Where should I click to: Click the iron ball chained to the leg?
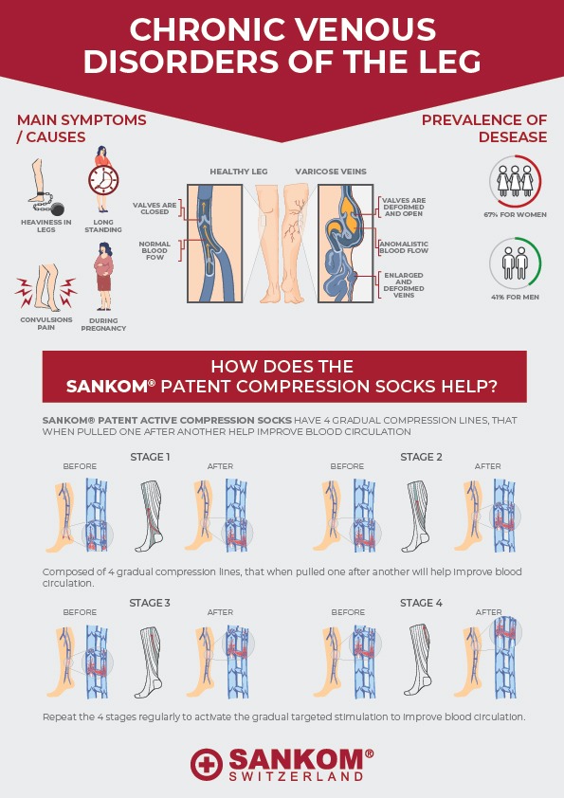pyautogui.click(x=58, y=209)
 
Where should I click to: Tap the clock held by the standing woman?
pyautogui.click(x=103, y=180)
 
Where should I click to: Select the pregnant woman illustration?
pyautogui.click(x=104, y=277)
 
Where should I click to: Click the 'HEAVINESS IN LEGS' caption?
pyautogui.click(x=46, y=226)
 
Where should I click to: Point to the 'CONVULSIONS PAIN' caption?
pyautogui.click(x=46, y=324)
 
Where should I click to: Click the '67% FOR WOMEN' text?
pyautogui.click(x=515, y=215)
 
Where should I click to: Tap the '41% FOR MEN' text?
pyautogui.click(x=515, y=297)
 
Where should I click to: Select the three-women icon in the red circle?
pyautogui.click(x=515, y=181)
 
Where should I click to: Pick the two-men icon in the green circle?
pyautogui.click(x=515, y=263)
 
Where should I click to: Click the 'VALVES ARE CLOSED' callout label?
pyautogui.click(x=155, y=209)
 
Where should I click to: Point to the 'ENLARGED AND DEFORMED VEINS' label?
pyautogui.click(x=404, y=285)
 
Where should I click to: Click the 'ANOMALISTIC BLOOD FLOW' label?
pyautogui.click(x=404, y=247)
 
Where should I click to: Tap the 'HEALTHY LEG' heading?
pyautogui.click(x=239, y=172)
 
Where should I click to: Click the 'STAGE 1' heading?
pyautogui.click(x=150, y=457)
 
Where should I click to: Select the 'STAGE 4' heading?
pyautogui.click(x=421, y=603)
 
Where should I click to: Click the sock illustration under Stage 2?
pyautogui.click(x=418, y=517)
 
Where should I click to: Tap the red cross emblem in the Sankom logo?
pyautogui.click(x=207, y=765)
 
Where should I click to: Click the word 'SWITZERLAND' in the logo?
pyautogui.click(x=296, y=776)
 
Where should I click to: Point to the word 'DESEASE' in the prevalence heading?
pyautogui.click(x=513, y=136)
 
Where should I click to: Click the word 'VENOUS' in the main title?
pyautogui.click(x=366, y=29)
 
